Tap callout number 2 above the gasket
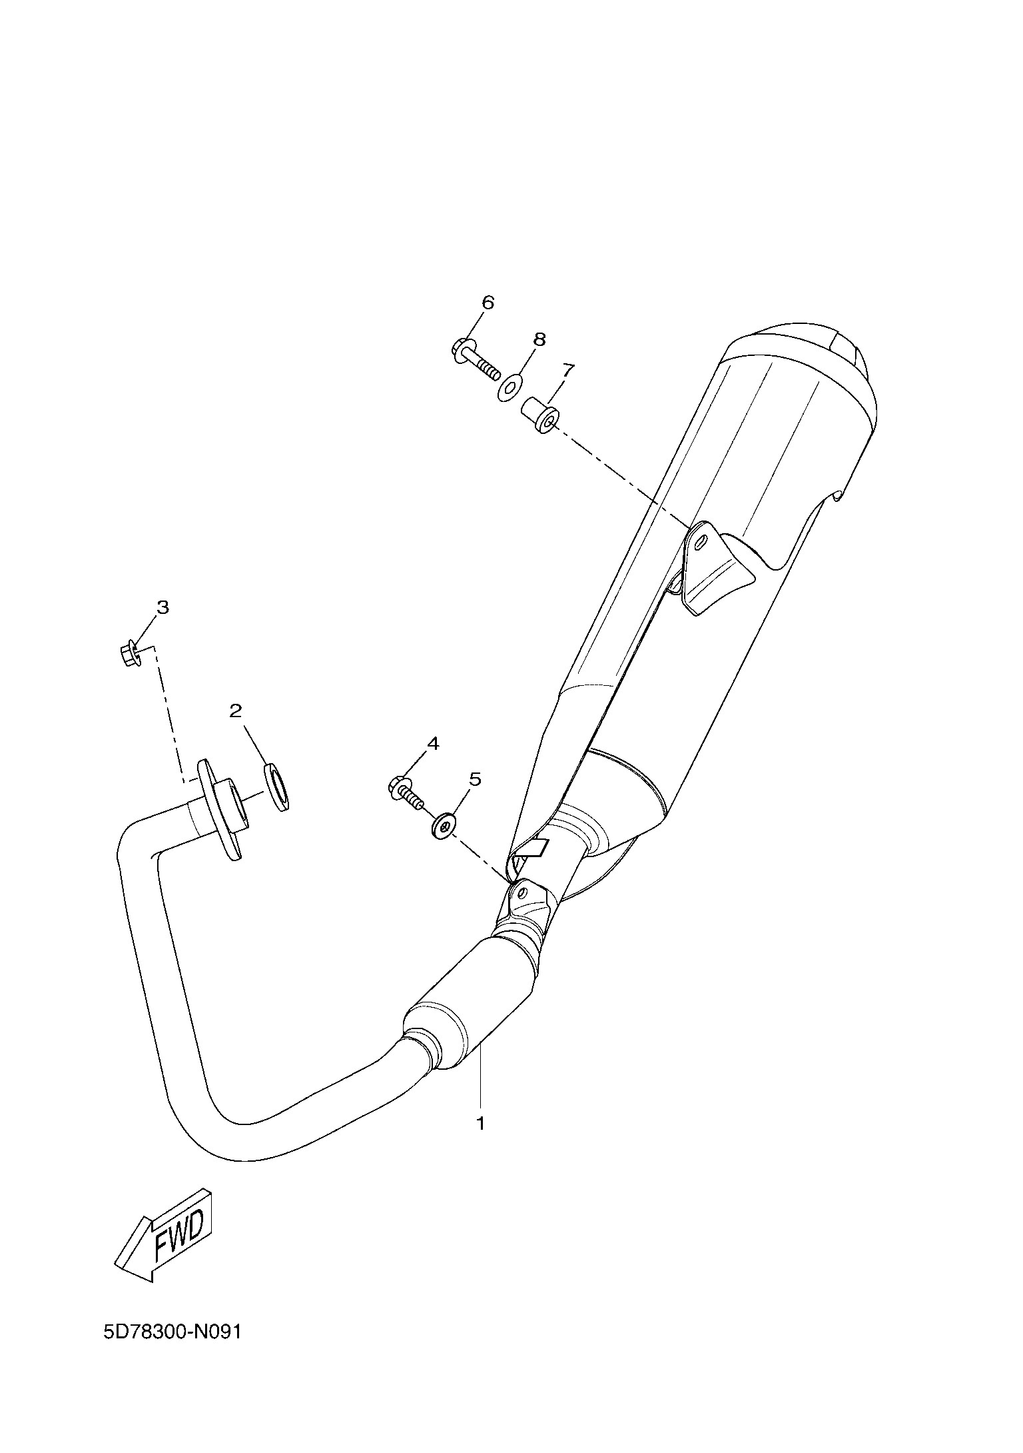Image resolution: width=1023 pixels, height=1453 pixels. click(235, 711)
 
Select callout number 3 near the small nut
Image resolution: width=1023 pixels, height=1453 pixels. click(163, 607)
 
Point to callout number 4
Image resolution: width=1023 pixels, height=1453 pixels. click(433, 743)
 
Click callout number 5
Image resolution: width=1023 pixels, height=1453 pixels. click(475, 778)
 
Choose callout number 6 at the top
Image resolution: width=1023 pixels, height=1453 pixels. click(488, 303)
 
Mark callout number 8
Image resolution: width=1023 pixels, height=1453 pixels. click(539, 339)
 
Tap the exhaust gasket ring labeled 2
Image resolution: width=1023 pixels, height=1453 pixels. click(277, 788)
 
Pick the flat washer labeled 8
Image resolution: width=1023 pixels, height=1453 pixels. click(510, 387)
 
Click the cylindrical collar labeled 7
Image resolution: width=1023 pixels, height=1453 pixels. click(540, 414)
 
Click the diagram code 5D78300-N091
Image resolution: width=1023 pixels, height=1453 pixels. click(171, 1350)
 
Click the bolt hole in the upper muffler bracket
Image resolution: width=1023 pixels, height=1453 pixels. click(700, 544)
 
